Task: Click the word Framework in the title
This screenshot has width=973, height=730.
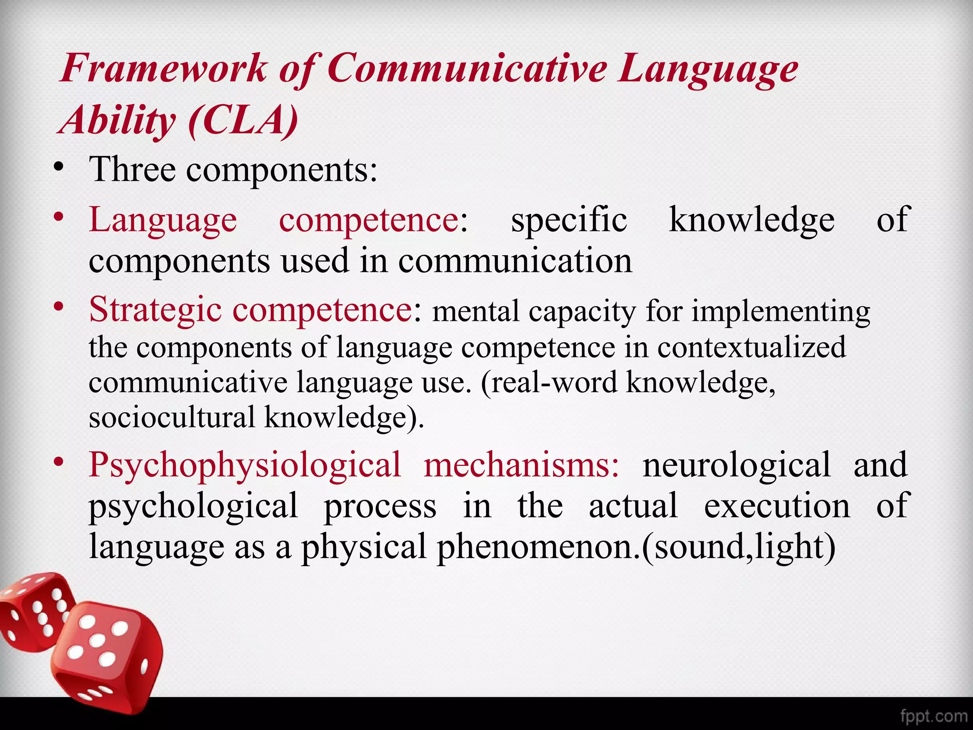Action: tap(164, 69)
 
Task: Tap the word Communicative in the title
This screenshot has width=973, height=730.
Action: tap(467, 69)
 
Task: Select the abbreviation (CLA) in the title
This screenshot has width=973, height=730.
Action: tap(243, 120)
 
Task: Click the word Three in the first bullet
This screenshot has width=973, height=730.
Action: tap(132, 170)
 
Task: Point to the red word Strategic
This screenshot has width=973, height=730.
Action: tap(155, 309)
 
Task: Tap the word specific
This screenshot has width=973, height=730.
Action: tap(569, 220)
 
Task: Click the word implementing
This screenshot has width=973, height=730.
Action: tap(780, 312)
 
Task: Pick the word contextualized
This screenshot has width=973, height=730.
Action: tap(751, 347)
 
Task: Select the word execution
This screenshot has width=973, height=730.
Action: tap(777, 506)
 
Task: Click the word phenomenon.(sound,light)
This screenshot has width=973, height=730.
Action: tap(636, 547)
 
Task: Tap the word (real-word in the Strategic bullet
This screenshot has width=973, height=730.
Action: tap(549, 383)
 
